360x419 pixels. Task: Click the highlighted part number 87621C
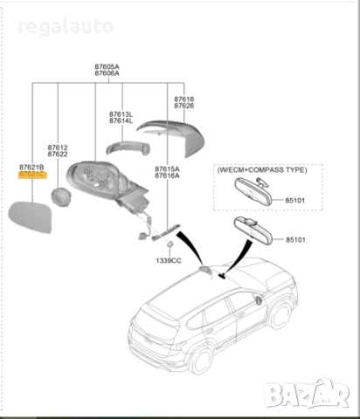(32, 175)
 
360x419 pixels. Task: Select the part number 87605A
(107, 66)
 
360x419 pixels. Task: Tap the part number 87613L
(121, 114)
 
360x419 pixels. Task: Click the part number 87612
(58, 148)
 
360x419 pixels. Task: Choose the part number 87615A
(167, 168)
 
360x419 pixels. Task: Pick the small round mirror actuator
(59, 196)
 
